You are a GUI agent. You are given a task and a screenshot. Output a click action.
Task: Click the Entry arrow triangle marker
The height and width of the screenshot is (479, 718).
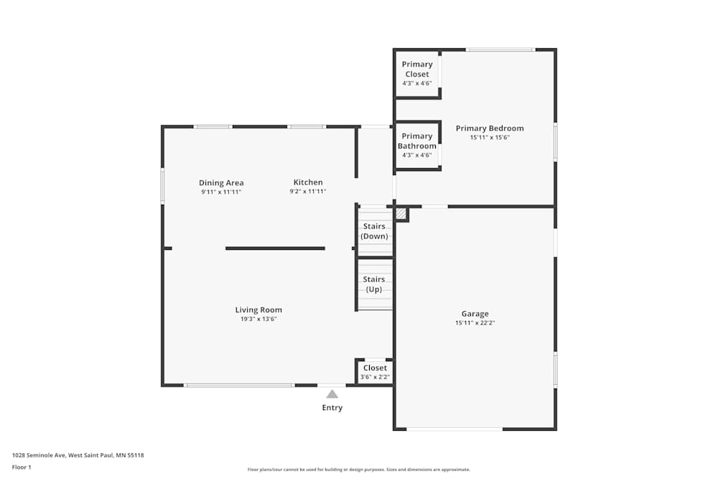[332, 394]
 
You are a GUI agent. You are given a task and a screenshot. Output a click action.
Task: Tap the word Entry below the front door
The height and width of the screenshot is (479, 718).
[332, 408]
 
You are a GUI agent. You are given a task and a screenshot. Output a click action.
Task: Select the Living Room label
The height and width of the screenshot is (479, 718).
[258, 310]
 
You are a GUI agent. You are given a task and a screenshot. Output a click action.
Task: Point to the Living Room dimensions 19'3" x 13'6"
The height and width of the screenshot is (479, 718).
[258, 320]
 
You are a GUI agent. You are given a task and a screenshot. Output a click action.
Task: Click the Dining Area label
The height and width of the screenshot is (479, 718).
[221, 183]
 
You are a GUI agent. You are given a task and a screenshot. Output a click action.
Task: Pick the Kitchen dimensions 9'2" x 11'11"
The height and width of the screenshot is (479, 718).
[308, 192]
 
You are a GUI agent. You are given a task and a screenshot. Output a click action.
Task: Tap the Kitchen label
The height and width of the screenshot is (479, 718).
[308, 182]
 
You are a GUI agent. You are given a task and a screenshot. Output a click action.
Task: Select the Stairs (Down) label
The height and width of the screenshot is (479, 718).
[374, 231]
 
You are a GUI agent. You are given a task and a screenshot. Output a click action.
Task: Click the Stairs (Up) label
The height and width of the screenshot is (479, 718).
[374, 284]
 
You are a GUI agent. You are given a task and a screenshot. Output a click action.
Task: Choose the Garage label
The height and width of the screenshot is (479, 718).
[475, 314]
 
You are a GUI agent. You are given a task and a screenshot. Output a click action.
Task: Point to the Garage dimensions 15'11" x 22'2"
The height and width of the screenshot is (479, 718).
[475, 323]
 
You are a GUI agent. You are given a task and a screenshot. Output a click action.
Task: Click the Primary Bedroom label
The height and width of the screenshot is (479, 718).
[490, 129]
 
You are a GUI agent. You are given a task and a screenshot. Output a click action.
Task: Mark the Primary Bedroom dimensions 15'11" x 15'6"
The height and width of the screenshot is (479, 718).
[490, 138]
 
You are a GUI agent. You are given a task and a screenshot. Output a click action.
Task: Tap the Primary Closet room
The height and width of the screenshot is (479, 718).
[417, 73]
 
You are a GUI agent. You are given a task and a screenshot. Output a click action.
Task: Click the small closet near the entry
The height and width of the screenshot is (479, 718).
[375, 372]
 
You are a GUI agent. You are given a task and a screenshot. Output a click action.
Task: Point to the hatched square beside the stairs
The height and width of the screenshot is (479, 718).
[401, 214]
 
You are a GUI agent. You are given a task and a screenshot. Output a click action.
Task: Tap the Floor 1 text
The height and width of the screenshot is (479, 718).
[22, 467]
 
